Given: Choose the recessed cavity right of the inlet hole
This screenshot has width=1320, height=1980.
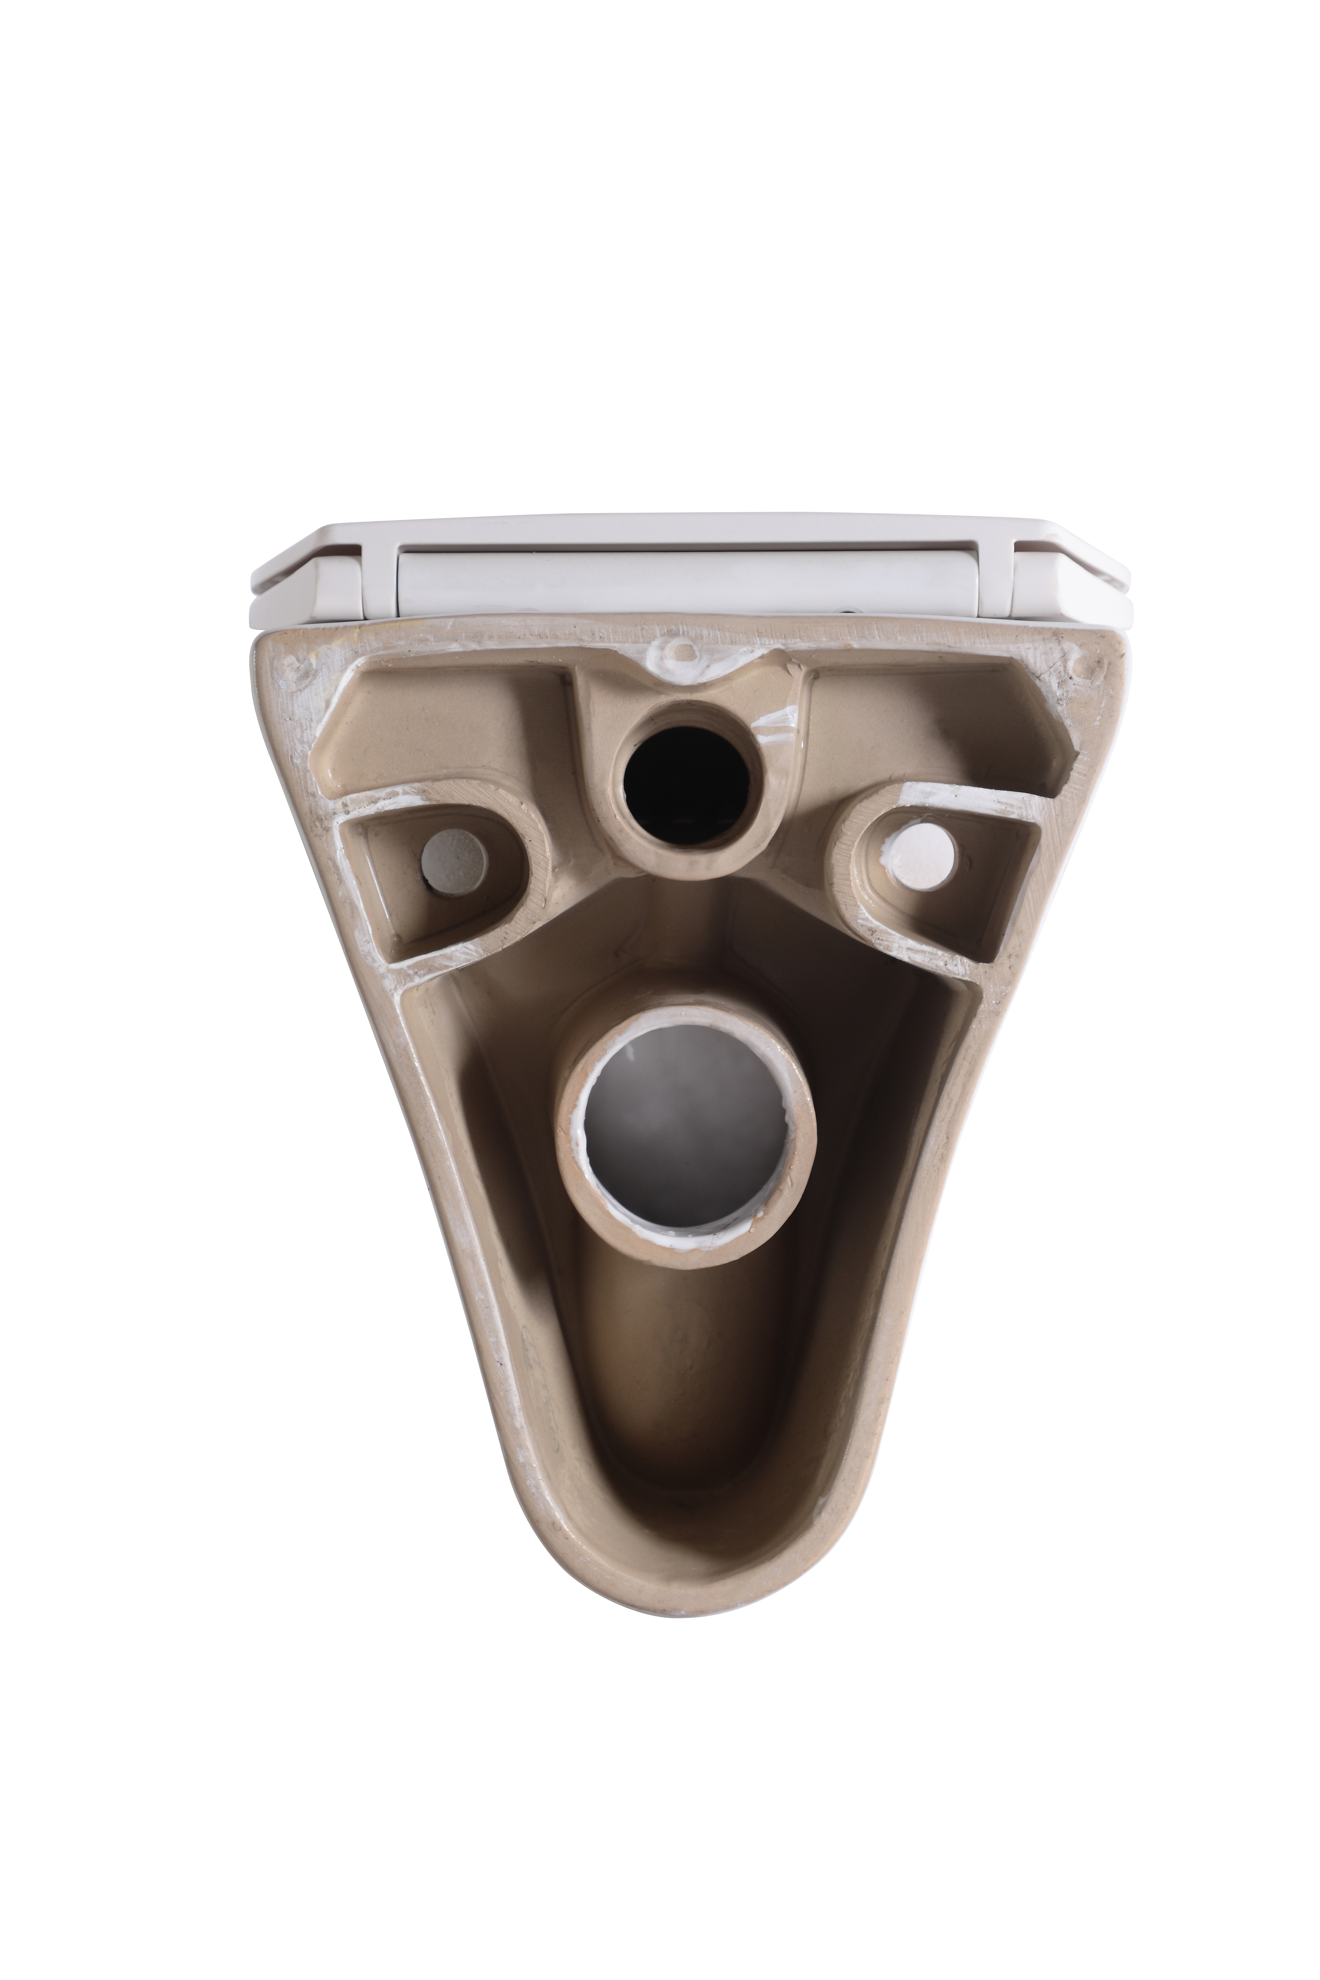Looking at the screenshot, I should point(934,724).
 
